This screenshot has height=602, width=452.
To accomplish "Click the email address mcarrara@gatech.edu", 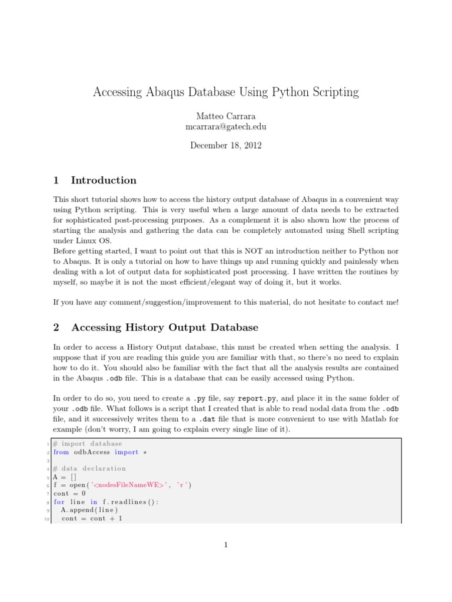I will tap(225, 126).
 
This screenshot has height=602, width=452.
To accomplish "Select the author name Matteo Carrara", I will tap(225, 116).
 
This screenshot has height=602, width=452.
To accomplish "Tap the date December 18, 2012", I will tap(225, 145).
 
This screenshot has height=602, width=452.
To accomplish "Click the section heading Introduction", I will tap(104, 180).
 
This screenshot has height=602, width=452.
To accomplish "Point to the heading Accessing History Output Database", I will tap(164, 327).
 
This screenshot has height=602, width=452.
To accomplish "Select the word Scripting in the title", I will tap(331, 92).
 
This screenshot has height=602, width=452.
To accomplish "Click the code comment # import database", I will tap(87, 443).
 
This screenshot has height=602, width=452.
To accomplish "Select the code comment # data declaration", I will tap(89, 469).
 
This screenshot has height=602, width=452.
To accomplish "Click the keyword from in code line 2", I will tap(61, 452).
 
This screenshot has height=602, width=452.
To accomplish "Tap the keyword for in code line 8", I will tap(59, 502).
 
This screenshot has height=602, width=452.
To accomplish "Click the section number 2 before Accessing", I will tap(56, 327).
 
